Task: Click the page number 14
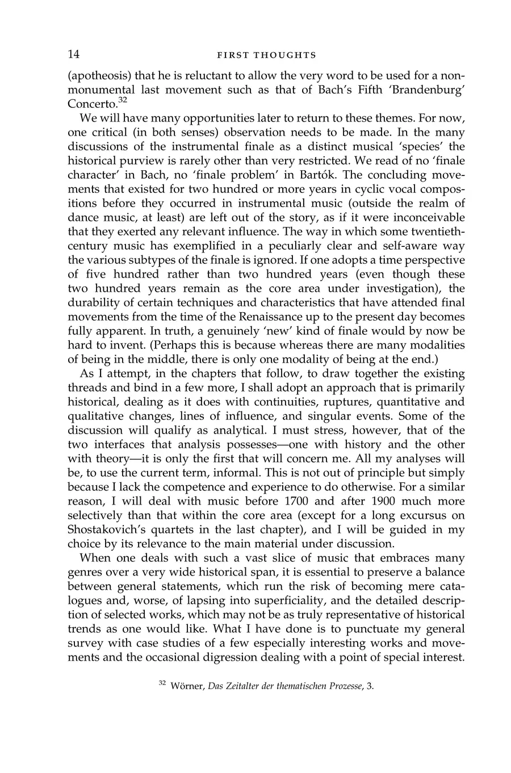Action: pyautogui.click(x=74, y=54)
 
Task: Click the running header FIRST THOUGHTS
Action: pyautogui.click(x=266, y=56)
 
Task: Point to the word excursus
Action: pyautogui.click(x=419, y=515)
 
